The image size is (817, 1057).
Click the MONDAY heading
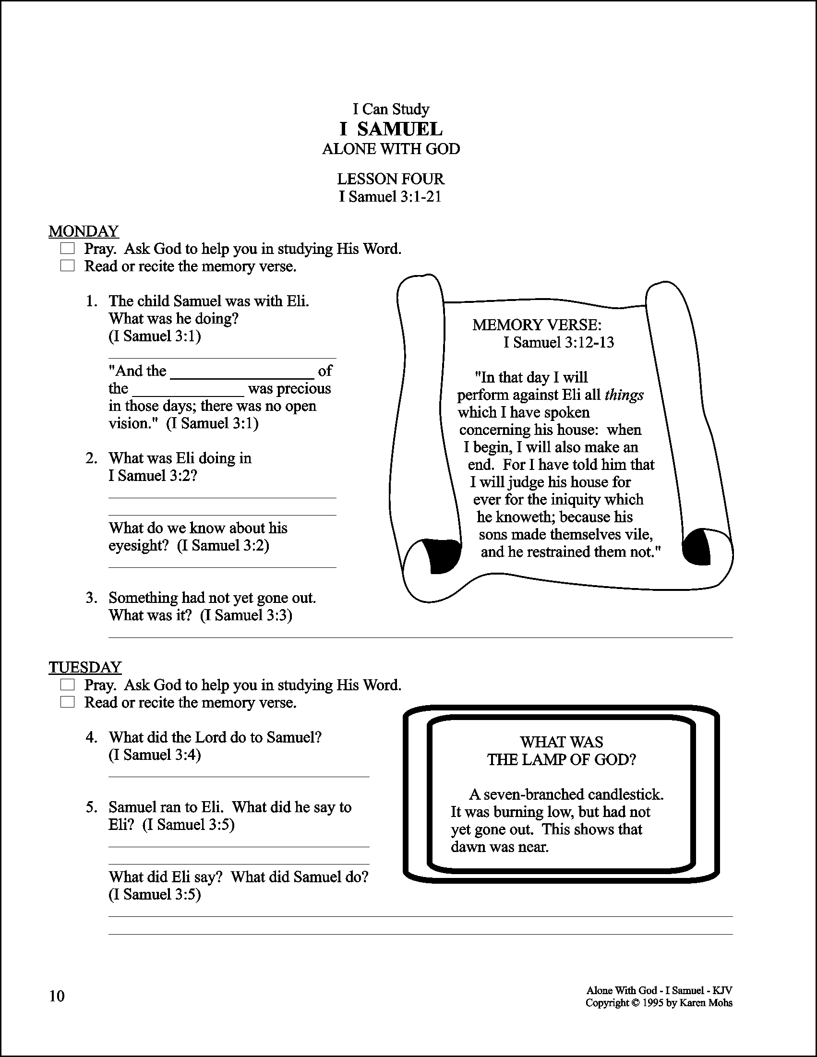click(83, 231)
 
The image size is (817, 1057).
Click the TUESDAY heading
click(84, 667)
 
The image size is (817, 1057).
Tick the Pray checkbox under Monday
click(67, 249)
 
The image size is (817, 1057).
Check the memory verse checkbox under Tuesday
click(67, 702)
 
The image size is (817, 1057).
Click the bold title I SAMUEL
click(391, 129)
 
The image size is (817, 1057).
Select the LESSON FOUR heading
click(391, 179)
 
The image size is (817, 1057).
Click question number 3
click(92, 598)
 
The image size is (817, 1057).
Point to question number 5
click(92, 807)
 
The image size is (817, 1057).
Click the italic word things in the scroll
click(624, 395)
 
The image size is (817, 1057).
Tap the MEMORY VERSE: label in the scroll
click(537, 325)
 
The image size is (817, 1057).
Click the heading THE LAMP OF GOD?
click(562, 759)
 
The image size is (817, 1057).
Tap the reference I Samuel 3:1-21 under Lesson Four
click(390, 196)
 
